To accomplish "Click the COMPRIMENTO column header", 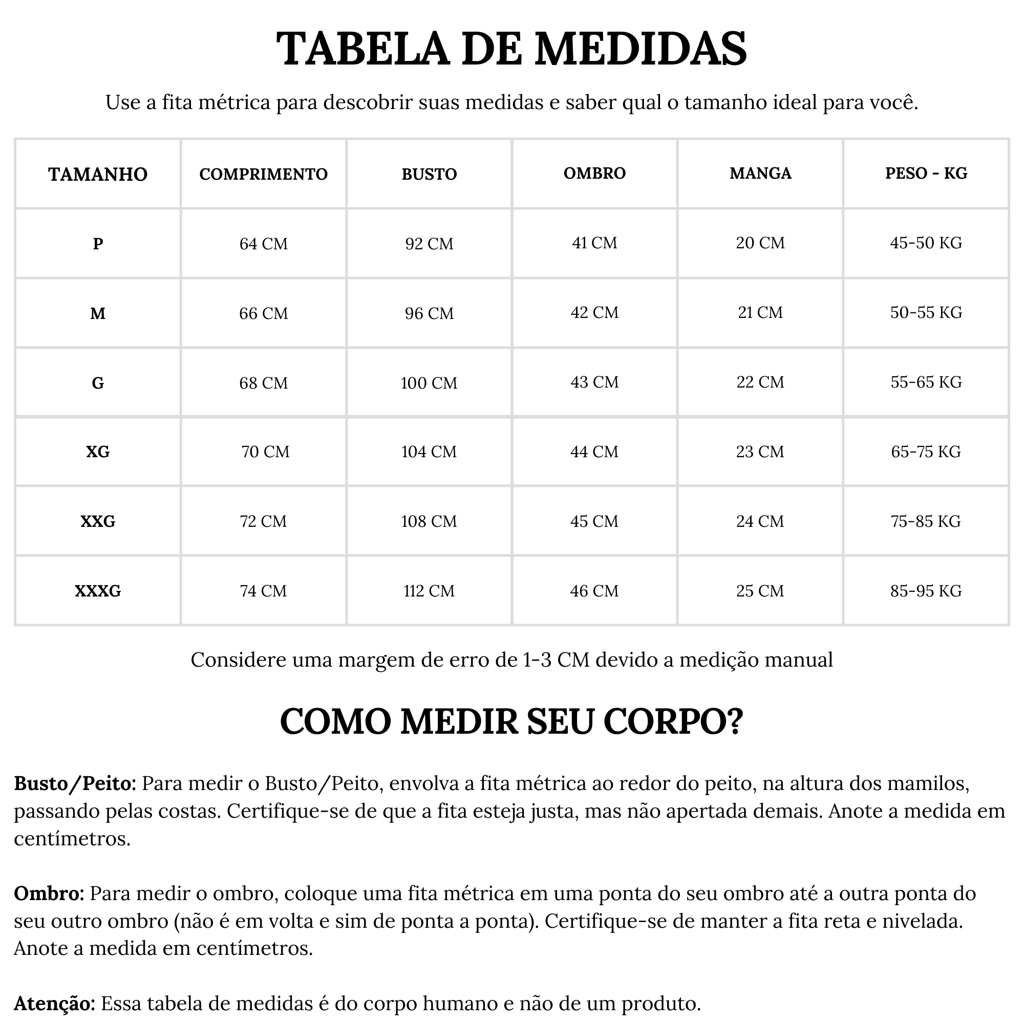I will coord(263,174).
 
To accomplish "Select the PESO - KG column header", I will coord(926,174).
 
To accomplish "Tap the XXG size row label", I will coord(98,521).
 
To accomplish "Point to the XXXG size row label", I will coord(98,590).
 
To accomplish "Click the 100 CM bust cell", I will coord(429,382).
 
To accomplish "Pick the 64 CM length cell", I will coord(263,243).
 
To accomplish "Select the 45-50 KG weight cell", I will coord(926,243).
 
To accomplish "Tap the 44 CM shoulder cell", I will coord(594,452).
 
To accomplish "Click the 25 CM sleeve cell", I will coord(759,590).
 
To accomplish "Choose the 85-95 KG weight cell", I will coord(926,590).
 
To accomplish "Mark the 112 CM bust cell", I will coord(429,590).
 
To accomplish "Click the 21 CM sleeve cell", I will coord(760,312).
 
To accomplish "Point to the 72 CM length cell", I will coord(263,521).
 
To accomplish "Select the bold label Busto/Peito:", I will coord(75,784).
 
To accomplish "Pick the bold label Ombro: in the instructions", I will coord(49,893).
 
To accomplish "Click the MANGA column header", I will coord(760,174).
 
